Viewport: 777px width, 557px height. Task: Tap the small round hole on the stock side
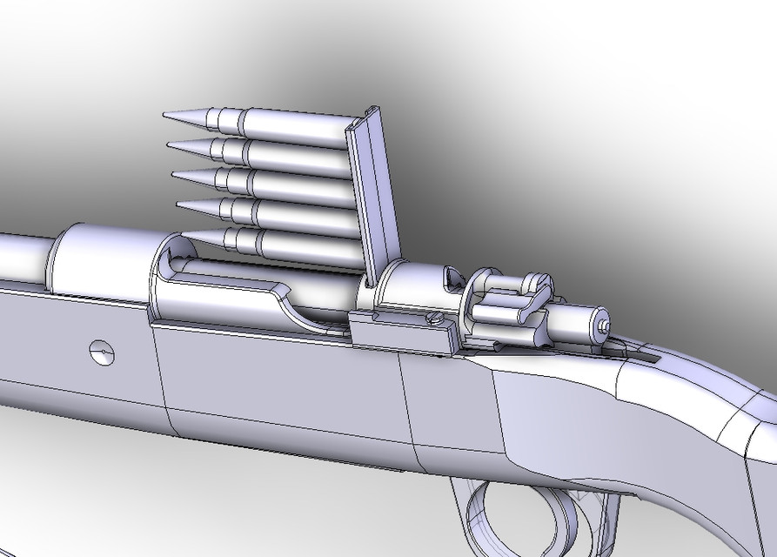(101, 352)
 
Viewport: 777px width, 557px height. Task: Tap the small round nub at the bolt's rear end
(604, 323)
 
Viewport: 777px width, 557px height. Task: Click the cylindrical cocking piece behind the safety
(578, 322)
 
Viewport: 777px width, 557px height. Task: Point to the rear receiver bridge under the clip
(409, 287)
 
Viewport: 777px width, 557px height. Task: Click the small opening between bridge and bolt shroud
(452, 278)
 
